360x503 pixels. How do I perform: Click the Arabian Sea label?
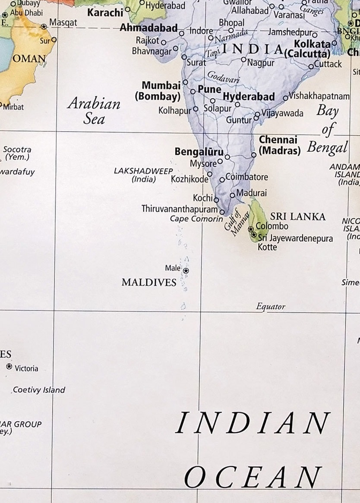click(94, 111)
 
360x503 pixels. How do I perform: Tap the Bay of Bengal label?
click(328, 129)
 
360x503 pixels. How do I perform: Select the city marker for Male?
click(186, 270)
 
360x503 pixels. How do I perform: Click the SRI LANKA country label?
click(297, 217)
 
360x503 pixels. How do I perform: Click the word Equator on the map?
click(271, 307)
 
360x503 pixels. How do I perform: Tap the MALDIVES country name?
click(149, 283)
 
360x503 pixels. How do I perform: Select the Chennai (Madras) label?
click(279, 145)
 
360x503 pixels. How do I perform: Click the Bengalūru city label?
click(199, 152)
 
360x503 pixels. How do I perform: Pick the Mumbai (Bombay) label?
click(158, 91)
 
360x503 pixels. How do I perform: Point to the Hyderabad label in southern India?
click(249, 97)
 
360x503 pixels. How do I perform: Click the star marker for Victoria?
click(9, 367)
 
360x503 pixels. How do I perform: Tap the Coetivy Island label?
click(39, 390)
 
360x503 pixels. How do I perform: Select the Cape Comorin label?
click(196, 219)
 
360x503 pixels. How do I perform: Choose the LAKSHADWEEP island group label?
click(143, 175)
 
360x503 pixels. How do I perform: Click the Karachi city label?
click(105, 13)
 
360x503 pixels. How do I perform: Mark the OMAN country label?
click(29, 59)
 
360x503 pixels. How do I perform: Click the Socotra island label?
click(17, 153)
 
